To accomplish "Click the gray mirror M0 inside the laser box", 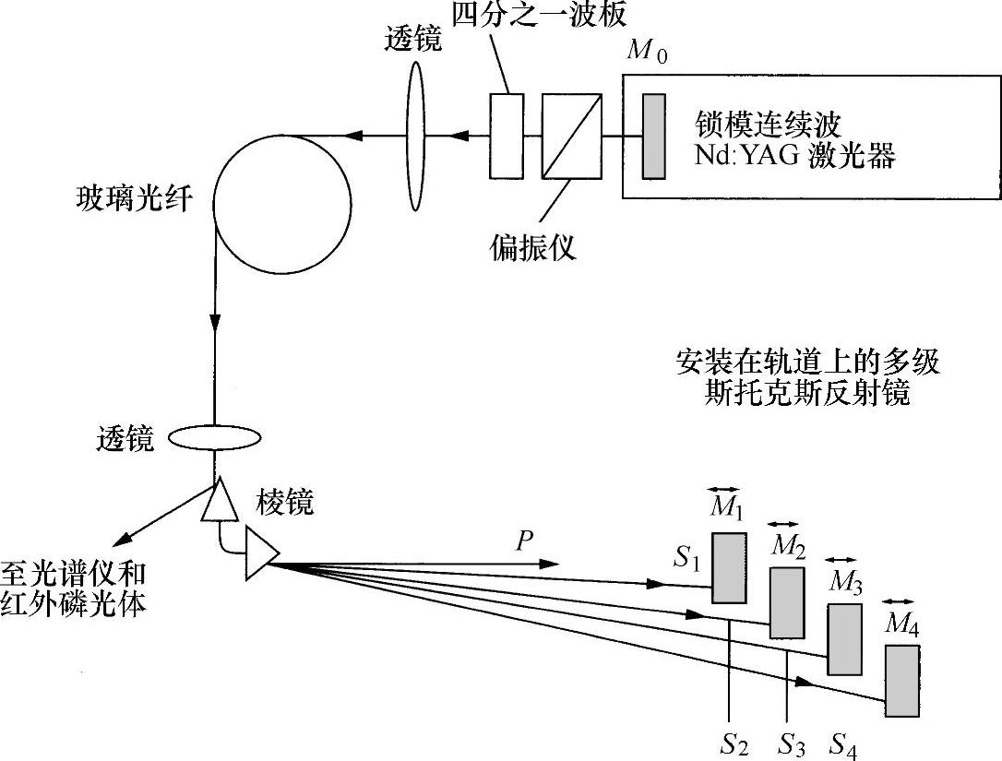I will point(653,135).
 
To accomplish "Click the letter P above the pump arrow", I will point(525,541).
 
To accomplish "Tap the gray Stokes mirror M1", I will point(729,568).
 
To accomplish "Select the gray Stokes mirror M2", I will point(787,602).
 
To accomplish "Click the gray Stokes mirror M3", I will point(843,639).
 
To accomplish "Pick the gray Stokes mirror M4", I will point(901,681).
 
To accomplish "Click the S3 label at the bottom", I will point(792,743).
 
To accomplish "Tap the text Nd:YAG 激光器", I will point(794,156).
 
